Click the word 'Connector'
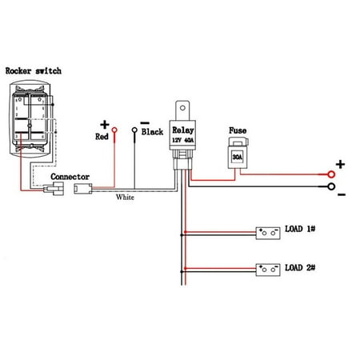point(70,176)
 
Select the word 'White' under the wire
point(126,197)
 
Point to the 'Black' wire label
point(152,132)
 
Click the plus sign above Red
point(103,124)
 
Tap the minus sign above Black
point(144,120)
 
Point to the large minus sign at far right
point(340,194)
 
